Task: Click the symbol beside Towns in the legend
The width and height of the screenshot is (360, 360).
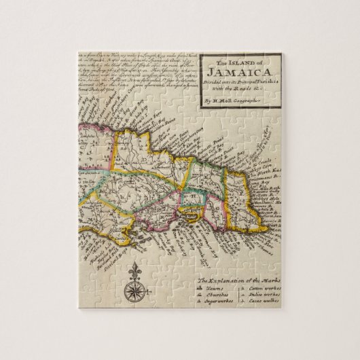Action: click(201, 289)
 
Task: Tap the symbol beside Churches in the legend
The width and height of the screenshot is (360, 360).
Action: click(201, 297)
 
